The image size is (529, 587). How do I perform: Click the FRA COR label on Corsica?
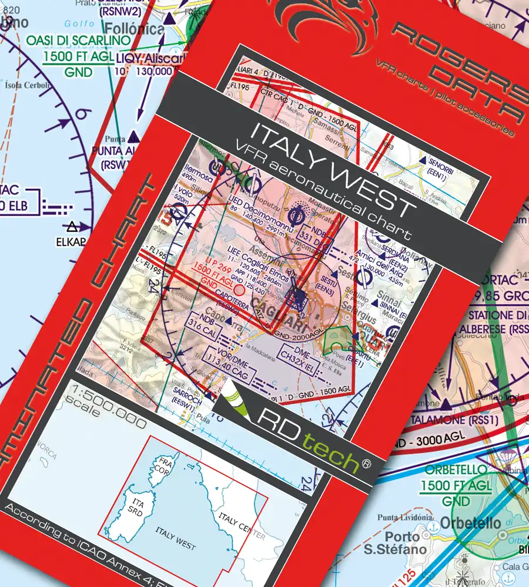[x=160, y=467]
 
